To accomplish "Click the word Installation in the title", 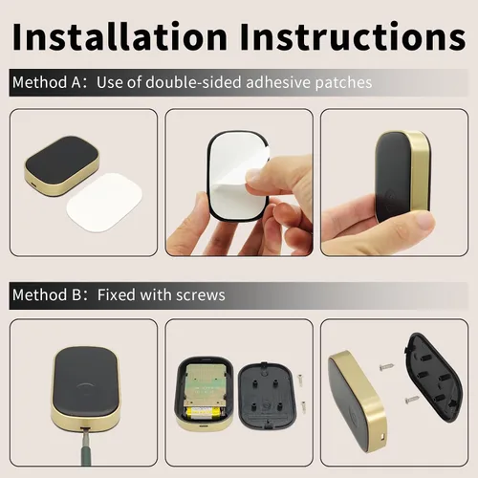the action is tap(119, 36).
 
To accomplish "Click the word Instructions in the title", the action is tap(353, 36).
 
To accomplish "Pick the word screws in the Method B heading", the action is tap(201, 294).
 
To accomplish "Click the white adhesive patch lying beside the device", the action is tap(104, 202).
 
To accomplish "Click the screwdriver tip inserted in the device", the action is tap(84, 429).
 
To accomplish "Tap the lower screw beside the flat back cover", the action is tap(303, 404).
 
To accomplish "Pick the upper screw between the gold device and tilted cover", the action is tap(386, 366).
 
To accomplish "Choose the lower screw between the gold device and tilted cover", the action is tap(411, 399).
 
